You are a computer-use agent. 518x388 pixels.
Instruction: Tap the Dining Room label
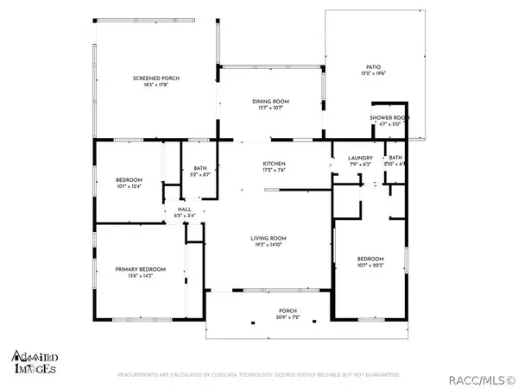tap(270, 102)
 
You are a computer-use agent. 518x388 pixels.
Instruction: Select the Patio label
tap(373, 66)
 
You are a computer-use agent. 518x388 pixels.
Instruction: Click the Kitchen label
tap(275, 163)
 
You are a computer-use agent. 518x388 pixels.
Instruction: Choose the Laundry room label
tap(359, 158)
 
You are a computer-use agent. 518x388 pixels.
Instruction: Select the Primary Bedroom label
tap(140, 269)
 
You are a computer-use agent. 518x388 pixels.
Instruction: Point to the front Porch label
tap(263, 312)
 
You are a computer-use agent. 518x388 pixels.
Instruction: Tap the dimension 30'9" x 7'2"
tap(263, 319)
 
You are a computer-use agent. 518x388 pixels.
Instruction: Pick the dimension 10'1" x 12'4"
tap(128, 186)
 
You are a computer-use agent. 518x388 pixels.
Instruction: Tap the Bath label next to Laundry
tap(395, 158)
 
